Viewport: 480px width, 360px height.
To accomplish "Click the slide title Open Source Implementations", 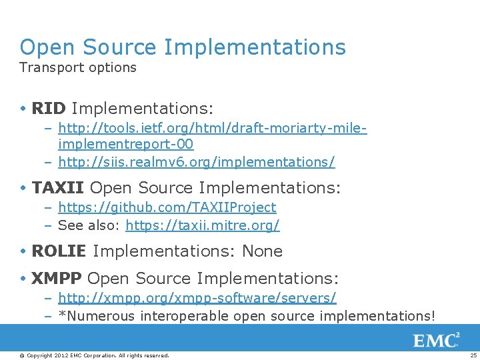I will tap(183, 47).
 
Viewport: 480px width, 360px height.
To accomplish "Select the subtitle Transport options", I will tap(78, 67).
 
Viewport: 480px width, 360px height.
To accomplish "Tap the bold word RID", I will tap(49, 108).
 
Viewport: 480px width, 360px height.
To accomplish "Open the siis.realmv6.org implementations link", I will tap(197, 162).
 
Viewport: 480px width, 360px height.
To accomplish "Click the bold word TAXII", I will tap(58, 189).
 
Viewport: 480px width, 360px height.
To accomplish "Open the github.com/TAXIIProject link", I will tap(167, 208).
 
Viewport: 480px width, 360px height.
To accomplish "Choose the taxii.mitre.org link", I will tap(203, 225).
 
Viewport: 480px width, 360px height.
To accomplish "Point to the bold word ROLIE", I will tap(59, 251).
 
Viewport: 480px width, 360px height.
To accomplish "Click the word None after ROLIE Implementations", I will tap(263, 251).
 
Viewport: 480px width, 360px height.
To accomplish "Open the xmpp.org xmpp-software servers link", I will tap(197, 297).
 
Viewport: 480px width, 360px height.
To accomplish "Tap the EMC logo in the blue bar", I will tap(437, 341).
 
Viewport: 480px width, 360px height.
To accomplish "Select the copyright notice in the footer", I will tap(94, 355).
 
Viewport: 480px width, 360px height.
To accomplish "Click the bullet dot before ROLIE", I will tap(24, 252).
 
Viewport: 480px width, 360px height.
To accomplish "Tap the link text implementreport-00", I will tap(126, 144).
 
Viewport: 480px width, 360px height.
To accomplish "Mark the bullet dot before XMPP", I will tap(24, 279).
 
